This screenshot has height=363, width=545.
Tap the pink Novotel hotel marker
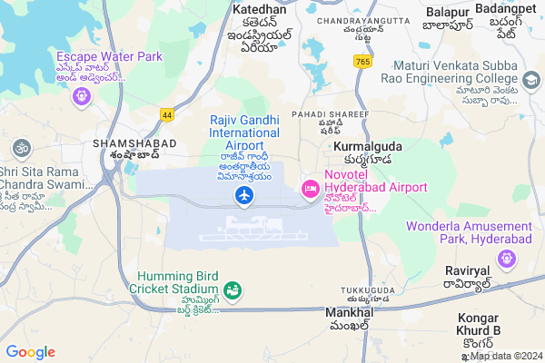310,188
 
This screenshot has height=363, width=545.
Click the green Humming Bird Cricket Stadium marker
233,290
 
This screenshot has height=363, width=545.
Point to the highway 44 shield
166,115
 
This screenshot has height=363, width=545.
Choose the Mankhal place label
349,312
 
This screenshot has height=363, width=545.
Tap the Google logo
30,352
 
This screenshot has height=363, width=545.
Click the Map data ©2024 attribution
506,355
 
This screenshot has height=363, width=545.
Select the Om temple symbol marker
20,147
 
